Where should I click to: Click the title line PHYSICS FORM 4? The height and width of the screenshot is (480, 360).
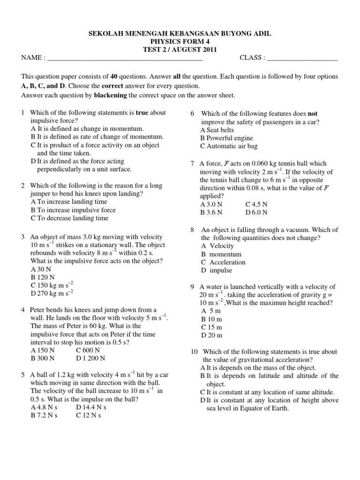[180, 42]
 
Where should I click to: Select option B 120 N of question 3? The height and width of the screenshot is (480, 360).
[44, 277]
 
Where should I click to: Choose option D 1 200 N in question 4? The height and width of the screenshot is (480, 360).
[90, 358]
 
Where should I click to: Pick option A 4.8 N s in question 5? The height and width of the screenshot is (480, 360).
[44, 407]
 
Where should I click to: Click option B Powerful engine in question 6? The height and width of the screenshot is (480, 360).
[226, 138]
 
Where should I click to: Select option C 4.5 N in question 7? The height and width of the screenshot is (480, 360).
[256, 204]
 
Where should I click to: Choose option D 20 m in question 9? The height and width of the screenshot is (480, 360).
[211, 335]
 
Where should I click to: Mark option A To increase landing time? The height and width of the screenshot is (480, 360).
[69, 202]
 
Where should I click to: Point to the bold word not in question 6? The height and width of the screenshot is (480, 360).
[312, 113]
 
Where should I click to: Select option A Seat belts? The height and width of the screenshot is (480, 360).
[217, 130]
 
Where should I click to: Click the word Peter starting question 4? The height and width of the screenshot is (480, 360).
[39, 310]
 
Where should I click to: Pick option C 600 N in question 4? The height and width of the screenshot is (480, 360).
[87, 350]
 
